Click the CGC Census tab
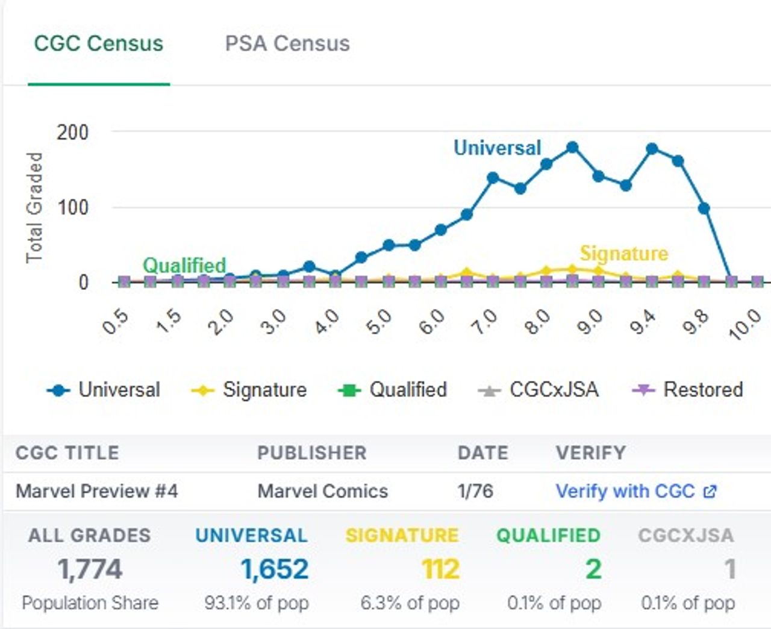98,43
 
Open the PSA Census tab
287,43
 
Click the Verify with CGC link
635,491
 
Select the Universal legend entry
104,390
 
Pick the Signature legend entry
249,390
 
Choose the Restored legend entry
687,390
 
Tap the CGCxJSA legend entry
538,390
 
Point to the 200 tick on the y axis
72,132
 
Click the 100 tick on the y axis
72,207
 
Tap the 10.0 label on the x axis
744,323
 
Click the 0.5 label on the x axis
116,322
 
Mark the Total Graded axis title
34,207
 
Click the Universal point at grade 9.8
704,208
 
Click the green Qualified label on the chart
184,264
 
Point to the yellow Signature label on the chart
624,254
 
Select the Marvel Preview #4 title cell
97,491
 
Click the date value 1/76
475,491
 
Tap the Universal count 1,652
275,569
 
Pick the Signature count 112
440,569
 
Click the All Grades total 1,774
90,569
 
